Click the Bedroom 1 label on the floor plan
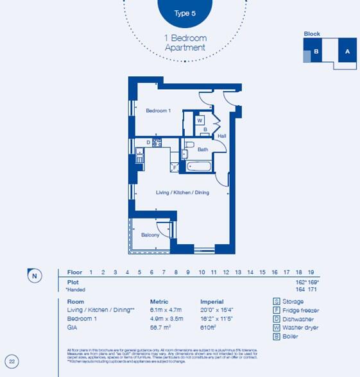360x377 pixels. point(158,111)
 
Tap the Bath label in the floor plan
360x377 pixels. point(203,149)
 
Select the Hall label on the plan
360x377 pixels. point(221,136)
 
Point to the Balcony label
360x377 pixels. point(150,235)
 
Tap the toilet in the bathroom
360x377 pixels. point(186,153)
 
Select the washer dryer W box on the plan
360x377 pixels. point(200,120)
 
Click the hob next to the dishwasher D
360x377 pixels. point(155,144)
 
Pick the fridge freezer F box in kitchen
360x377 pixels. point(174,167)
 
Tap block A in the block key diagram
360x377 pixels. point(347,51)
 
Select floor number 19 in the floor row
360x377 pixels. point(311,272)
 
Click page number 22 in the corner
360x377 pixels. point(12,361)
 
